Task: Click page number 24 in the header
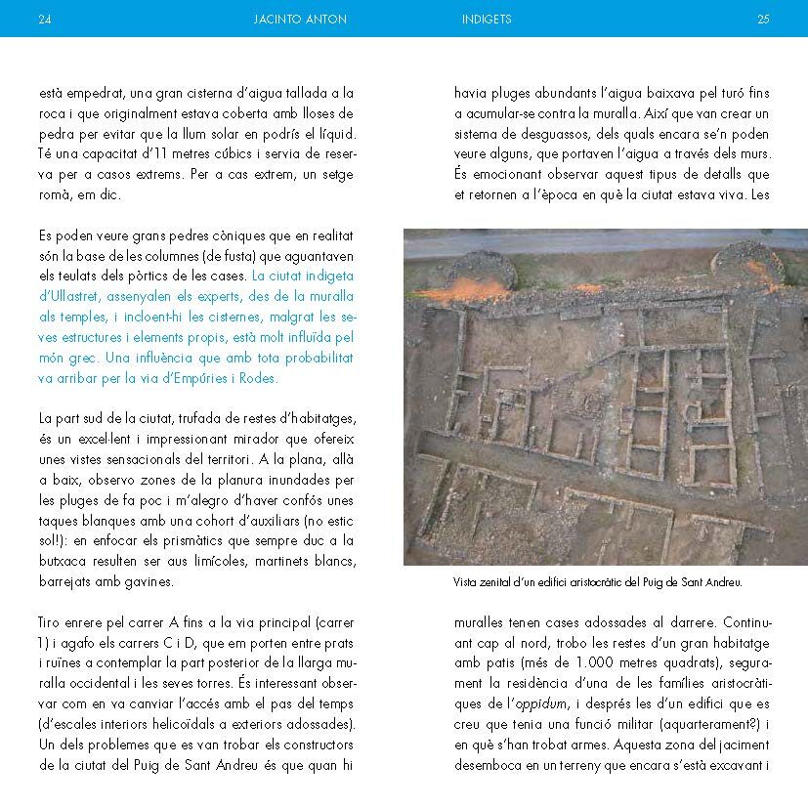click(x=43, y=19)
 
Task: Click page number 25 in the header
click(x=763, y=19)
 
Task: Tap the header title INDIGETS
click(x=486, y=19)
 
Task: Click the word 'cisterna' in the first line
click(x=200, y=94)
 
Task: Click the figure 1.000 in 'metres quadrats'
click(x=574, y=662)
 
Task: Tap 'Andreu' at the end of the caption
click(x=723, y=582)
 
